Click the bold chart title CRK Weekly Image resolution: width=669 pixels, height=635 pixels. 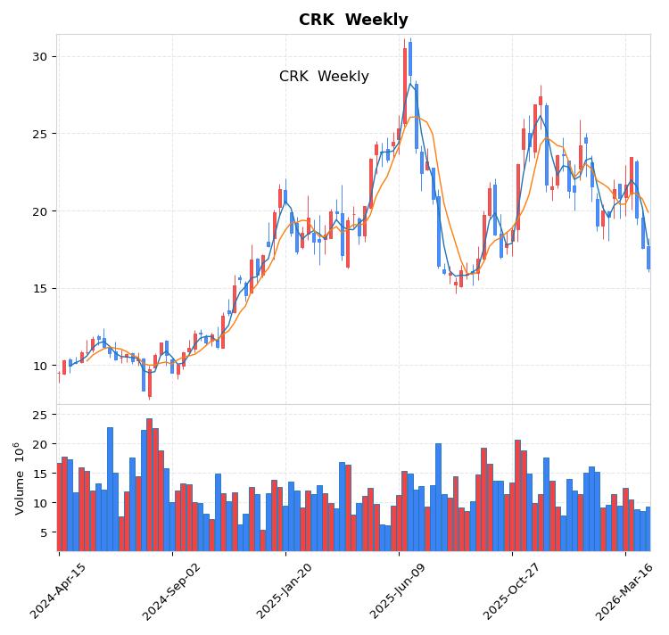pyautogui.click(x=353, y=21)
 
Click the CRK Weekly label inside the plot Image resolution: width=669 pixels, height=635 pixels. pyautogui.click(x=324, y=77)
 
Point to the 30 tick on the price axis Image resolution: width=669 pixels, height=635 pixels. pyautogui.click(x=39, y=56)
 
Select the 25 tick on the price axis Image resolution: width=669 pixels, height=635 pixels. pyautogui.click(x=39, y=134)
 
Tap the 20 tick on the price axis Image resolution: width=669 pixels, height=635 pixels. pyautogui.click(x=39, y=211)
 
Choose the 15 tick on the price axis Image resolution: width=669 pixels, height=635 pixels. pyautogui.click(x=39, y=288)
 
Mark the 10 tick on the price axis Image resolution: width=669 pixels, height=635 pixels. pyautogui.click(x=39, y=366)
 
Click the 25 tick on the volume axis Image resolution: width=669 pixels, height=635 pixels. pyautogui.click(x=39, y=415)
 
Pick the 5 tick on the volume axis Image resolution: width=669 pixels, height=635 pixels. pyautogui.click(x=43, y=532)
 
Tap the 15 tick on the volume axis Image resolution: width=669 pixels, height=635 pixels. pyautogui.click(x=39, y=474)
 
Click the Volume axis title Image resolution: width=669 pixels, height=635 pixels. pyautogui.click(x=19, y=478)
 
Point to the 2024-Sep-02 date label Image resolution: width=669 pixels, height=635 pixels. pyautogui.click(x=170, y=591)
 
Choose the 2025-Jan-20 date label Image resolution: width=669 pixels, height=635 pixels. pyautogui.click(x=284, y=591)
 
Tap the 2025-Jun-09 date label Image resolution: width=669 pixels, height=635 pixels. pyautogui.click(x=397, y=591)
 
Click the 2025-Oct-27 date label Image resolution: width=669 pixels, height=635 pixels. pyautogui.click(x=510, y=591)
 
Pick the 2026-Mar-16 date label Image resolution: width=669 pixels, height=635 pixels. pyautogui.click(x=624, y=591)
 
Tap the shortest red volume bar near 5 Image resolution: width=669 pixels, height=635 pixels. pyautogui.click(x=262, y=540)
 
